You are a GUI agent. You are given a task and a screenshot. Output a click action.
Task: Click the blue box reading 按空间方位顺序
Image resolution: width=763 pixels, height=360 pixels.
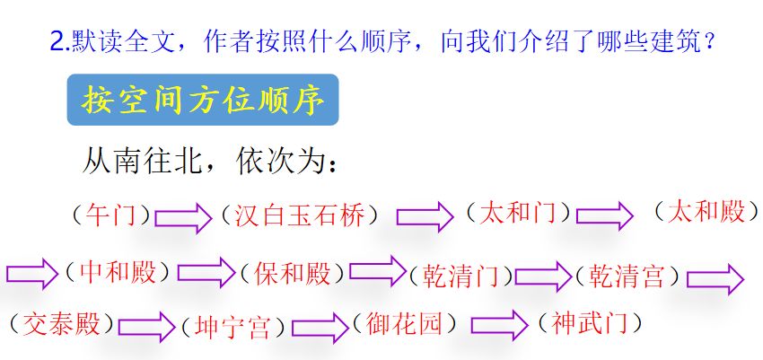tap(202, 100)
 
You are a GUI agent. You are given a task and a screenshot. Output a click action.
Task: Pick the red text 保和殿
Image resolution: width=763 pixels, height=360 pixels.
tap(294, 273)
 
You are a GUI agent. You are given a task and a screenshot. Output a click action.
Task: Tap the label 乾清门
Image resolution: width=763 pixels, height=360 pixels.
tap(460, 276)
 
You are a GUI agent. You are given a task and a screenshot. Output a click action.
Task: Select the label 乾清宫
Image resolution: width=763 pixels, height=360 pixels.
tap(627, 276)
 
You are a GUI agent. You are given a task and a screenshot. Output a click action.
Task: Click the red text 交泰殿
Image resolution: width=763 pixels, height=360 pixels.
tap(62, 323)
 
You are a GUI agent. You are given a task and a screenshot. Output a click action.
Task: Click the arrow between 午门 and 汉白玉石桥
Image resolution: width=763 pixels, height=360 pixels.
tap(182, 216)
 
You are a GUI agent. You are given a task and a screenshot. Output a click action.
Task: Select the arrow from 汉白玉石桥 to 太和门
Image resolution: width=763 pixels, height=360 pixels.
tap(425, 216)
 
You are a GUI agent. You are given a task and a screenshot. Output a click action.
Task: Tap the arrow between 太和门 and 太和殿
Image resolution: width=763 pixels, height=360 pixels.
tap(604, 215)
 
